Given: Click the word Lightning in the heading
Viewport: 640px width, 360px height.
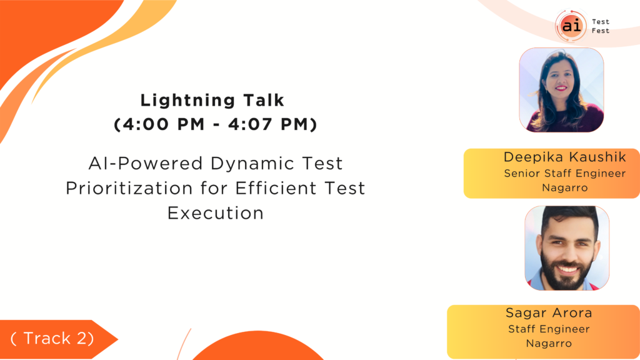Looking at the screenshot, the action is coord(187,101).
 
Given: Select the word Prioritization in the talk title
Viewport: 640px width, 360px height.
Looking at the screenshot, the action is coord(129,188).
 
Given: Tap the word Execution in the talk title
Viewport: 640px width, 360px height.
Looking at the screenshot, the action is coord(216,213).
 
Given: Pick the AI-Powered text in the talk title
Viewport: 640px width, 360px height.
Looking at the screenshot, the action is coord(146,164).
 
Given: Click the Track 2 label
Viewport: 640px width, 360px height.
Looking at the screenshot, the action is coord(52,338).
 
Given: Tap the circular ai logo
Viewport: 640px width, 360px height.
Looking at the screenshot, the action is coord(571,26).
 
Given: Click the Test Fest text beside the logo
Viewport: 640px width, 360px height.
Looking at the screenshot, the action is coord(601,26).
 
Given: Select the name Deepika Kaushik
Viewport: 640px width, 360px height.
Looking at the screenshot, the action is coord(564,157).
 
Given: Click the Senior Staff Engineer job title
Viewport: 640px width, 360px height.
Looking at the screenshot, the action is coord(565,174).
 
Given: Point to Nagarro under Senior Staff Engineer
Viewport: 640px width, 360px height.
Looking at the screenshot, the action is coord(565,187).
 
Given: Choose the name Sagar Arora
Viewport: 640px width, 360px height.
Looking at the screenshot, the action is coord(549,312).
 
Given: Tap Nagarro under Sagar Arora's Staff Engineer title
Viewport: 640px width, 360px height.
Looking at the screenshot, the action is coord(549,343).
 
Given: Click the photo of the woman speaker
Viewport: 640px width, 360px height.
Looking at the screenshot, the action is coord(561,90).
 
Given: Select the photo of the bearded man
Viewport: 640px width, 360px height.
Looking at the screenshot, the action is coord(567,247).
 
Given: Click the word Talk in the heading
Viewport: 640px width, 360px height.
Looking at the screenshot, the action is coord(264,101).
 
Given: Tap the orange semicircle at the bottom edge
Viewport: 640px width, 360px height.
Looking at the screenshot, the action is coord(258,347).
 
